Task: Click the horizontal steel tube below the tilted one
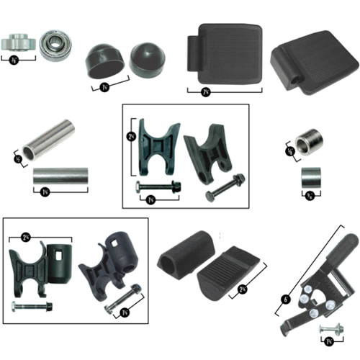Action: pyautogui.click(x=60, y=175)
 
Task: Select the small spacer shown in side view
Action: pyautogui.click(x=310, y=177)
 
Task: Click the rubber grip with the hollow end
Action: pyautogui.click(x=184, y=256)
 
